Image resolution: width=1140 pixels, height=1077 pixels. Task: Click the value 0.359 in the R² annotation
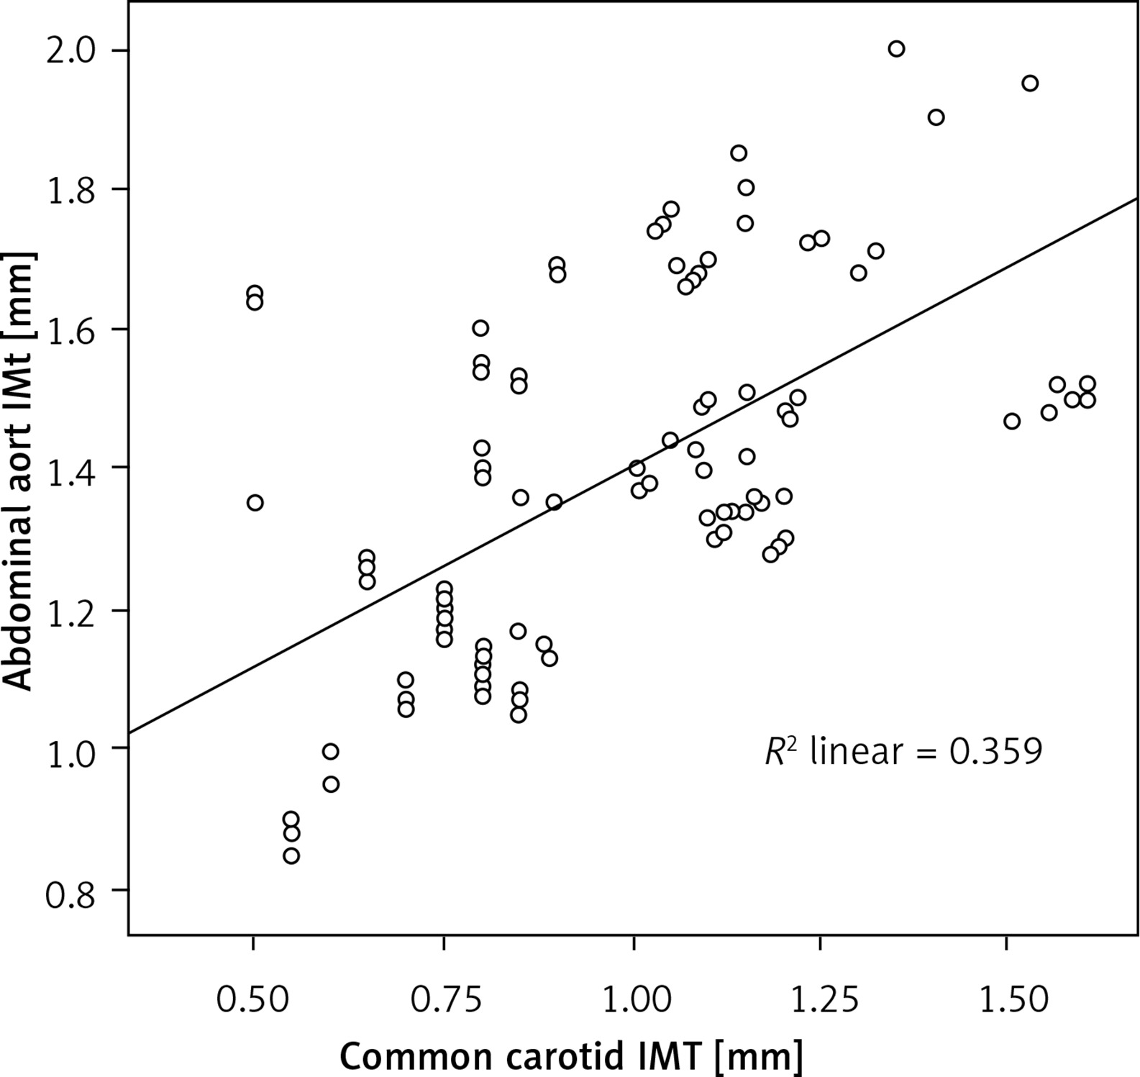click(x=995, y=752)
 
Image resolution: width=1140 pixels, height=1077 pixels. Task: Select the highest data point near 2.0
click(x=896, y=49)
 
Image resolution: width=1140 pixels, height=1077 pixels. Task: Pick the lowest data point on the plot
click(x=291, y=856)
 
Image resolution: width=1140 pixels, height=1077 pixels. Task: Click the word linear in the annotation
click(x=855, y=752)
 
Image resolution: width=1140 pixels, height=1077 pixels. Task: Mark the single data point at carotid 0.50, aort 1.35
click(x=255, y=503)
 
